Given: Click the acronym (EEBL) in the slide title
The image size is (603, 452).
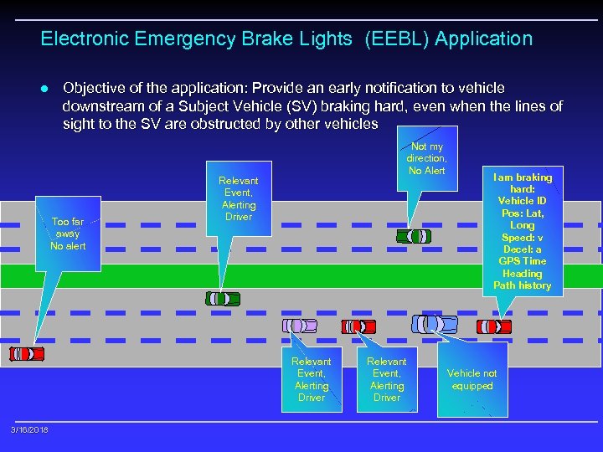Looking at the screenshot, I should coord(392,39).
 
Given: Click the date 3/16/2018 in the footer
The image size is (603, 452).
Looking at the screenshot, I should coord(29,429).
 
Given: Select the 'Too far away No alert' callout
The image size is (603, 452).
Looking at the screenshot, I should coord(68,234).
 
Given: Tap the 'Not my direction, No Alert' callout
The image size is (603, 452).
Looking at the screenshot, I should coord(426,158).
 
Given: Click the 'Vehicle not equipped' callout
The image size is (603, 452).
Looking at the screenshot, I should coord(472,380).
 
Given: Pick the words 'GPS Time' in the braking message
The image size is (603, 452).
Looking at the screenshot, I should coord(522,261).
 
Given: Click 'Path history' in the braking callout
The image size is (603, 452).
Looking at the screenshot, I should coord(523,285).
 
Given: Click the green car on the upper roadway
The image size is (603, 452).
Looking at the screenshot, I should coord(416,236).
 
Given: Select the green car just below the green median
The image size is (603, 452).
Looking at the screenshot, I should coord(223,298).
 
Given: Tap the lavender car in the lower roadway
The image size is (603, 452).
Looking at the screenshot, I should coord(300,325).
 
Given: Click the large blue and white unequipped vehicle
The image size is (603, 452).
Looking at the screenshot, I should coord(435,323).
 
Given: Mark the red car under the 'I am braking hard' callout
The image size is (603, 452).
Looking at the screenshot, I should coord(493,326).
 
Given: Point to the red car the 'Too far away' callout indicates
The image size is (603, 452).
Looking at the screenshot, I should coord(27,354).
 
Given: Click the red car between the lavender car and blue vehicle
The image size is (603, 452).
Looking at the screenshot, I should coord(358,326).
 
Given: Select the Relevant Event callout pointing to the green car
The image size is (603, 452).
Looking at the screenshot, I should coord(238,198).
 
